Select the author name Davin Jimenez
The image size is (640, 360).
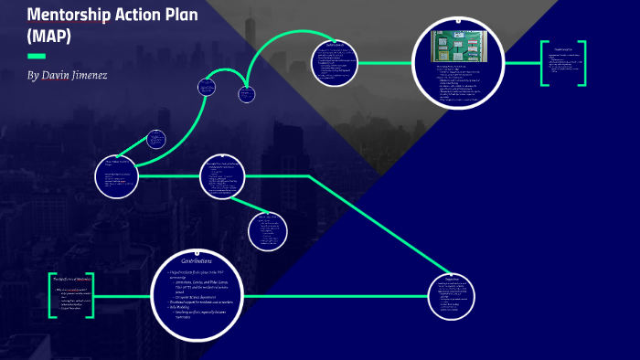(x=67, y=74)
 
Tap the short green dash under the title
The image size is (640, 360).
(x=37, y=57)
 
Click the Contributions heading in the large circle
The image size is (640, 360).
(x=196, y=260)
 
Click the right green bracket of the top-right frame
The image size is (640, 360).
(x=596, y=63)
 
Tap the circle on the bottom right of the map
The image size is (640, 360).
(x=452, y=294)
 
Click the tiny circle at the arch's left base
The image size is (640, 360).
(x=207, y=88)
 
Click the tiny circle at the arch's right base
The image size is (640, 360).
(x=246, y=93)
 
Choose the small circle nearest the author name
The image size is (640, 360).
(x=156, y=140)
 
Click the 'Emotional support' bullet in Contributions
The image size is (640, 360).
(x=203, y=302)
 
